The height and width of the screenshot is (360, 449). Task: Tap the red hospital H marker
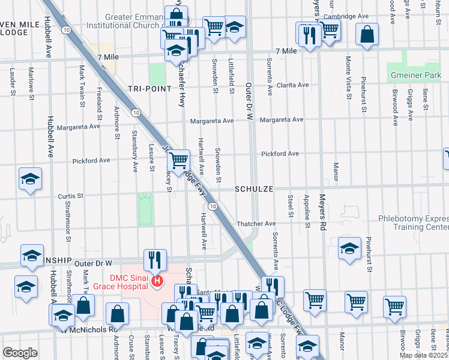(x=157, y=280)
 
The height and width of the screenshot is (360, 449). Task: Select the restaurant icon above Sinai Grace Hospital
(x=155, y=260)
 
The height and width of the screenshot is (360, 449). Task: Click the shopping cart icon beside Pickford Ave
(x=178, y=160)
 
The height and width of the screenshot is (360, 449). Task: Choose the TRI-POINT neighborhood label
(x=145, y=88)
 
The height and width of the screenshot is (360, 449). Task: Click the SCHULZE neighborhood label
(x=254, y=188)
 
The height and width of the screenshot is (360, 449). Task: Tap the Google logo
(x=20, y=353)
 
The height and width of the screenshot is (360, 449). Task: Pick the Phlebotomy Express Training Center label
(x=413, y=223)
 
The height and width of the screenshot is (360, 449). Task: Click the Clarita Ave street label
(x=292, y=85)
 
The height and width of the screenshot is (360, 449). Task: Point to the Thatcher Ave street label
(x=258, y=223)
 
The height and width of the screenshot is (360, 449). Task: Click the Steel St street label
(x=291, y=205)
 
